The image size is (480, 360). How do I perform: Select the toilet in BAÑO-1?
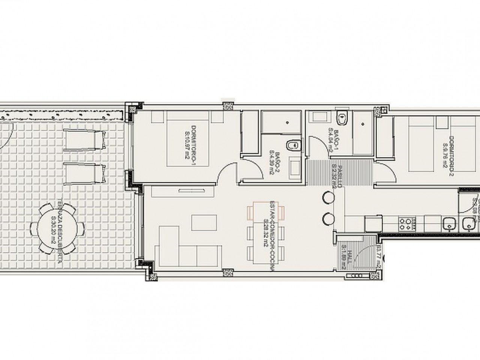coord(342,118)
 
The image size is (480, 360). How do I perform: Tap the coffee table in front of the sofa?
coord(205,222)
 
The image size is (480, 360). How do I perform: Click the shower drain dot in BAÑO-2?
coord(287,122)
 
